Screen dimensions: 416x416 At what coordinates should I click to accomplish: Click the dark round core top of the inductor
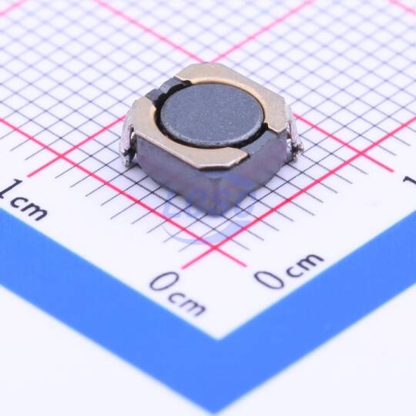point(212,116)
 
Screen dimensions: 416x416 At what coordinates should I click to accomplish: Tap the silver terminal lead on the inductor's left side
point(129,140)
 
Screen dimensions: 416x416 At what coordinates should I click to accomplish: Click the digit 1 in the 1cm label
point(12,189)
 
